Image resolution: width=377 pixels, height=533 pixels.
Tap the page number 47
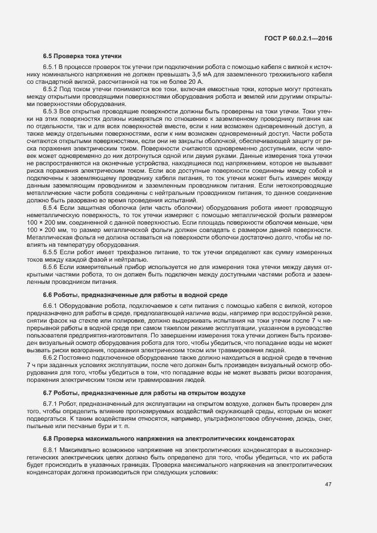pyautogui.click(x=328, y=485)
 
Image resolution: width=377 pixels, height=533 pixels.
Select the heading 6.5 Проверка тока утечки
pyautogui.click(x=82, y=56)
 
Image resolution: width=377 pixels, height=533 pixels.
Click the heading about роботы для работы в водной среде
pyautogui.click(x=135, y=295)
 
